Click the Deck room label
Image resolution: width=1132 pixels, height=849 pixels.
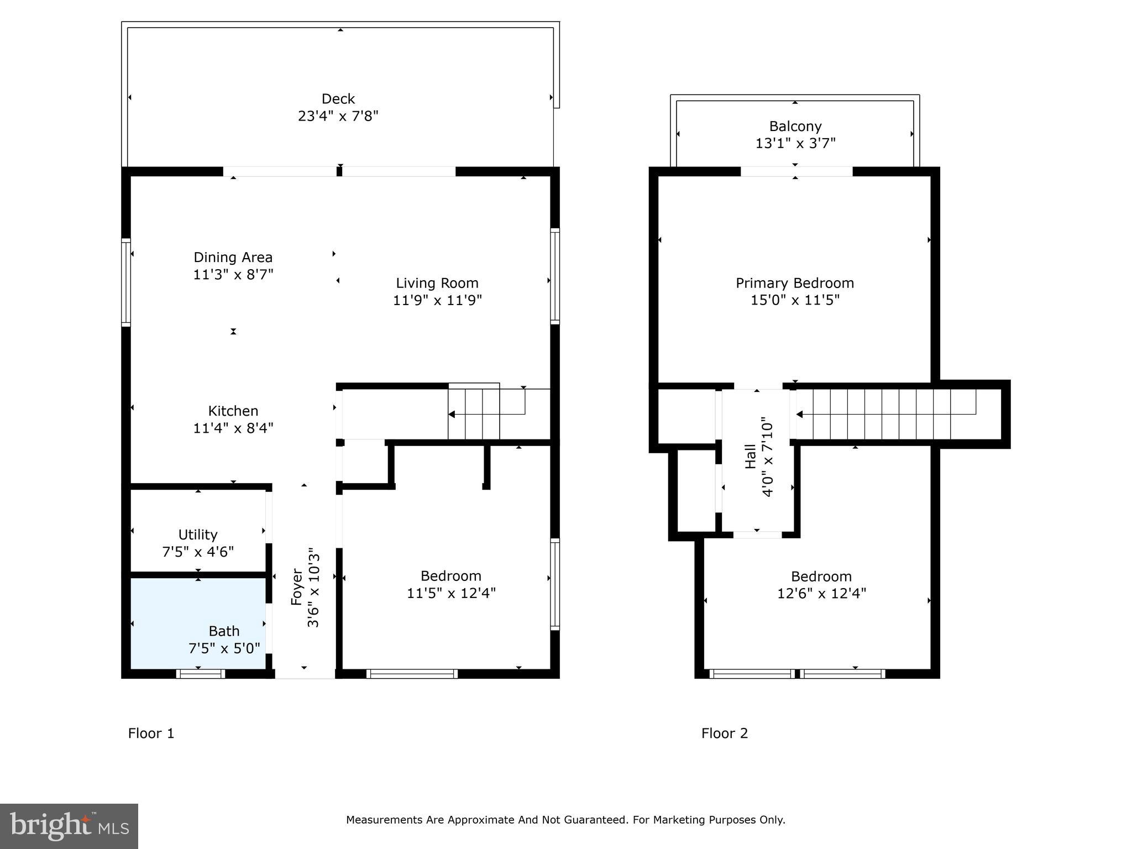coord(338,99)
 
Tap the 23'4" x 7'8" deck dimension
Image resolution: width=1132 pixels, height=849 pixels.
coord(338,116)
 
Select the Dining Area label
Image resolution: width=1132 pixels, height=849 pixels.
coord(233,258)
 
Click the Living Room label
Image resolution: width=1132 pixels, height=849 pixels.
coord(437,283)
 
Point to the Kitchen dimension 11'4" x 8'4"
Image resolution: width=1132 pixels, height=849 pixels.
coord(233,428)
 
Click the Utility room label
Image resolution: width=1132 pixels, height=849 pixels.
coord(197,534)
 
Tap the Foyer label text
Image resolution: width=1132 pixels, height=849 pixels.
coord(297,587)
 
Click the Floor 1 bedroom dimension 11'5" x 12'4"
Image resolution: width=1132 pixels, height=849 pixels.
coord(451,593)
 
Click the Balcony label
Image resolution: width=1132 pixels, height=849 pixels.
coord(795,127)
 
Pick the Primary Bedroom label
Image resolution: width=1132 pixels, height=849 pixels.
coord(794,283)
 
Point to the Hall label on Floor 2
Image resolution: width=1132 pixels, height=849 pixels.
coord(750,457)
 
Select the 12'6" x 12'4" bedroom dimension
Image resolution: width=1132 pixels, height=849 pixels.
coord(821,594)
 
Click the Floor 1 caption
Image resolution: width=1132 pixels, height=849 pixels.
coord(151,733)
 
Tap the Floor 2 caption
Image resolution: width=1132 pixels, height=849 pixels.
coord(724,733)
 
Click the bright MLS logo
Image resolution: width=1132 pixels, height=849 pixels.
coord(69,826)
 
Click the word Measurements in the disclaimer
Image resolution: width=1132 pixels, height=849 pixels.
coord(384,820)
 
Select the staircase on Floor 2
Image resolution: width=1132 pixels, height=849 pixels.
coord(884,413)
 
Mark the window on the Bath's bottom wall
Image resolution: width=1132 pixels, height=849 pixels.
coord(200,673)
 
